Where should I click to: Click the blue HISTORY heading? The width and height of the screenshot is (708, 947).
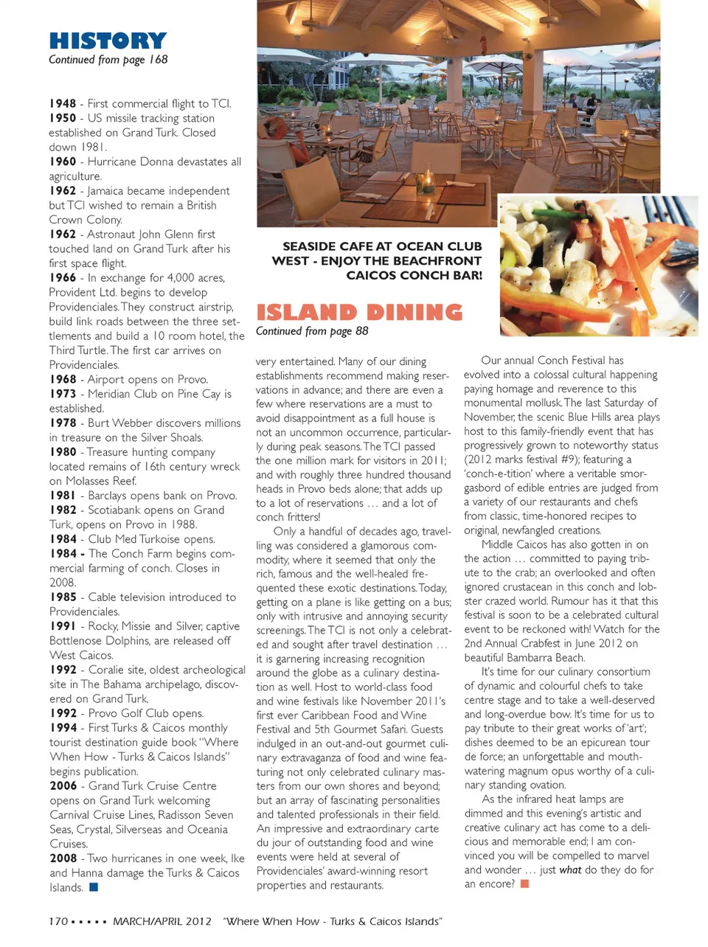click(108, 41)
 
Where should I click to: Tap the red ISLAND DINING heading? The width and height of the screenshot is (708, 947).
click(359, 312)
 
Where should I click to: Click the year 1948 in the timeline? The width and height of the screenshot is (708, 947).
click(63, 104)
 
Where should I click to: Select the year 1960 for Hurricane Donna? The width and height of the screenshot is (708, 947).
click(63, 162)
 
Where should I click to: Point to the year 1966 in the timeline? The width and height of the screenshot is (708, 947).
click(63, 278)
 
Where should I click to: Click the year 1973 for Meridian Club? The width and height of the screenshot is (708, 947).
click(63, 394)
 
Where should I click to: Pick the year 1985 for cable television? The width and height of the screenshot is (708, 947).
click(63, 597)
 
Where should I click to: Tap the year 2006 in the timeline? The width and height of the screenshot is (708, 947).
click(63, 786)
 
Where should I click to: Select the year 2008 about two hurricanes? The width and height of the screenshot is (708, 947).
click(63, 858)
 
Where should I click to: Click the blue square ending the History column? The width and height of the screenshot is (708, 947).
click(94, 887)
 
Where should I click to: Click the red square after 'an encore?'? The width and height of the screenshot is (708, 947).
click(524, 884)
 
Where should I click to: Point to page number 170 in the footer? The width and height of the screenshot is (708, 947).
click(58, 921)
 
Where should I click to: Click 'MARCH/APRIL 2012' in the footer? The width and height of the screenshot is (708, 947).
click(162, 921)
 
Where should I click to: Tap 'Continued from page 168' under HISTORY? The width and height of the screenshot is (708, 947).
click(108, 60)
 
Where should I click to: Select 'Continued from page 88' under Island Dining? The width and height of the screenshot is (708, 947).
click(312, 331)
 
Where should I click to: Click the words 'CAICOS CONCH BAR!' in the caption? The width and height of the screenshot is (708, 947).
click(414, 275)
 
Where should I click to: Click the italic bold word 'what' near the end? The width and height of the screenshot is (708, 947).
click(570, 870)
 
